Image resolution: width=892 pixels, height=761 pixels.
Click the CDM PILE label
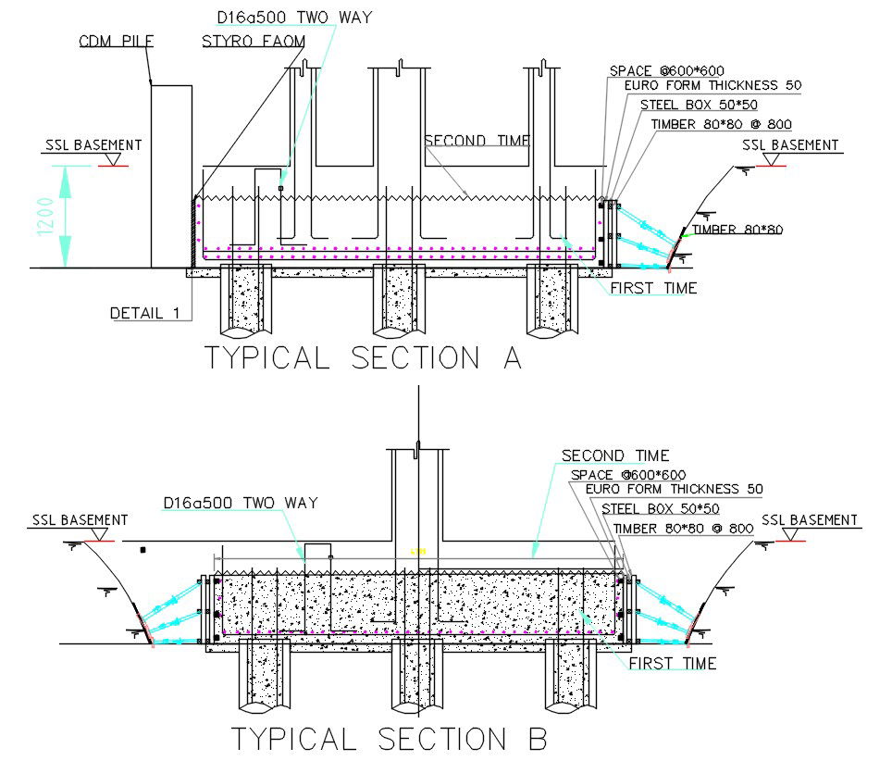117,41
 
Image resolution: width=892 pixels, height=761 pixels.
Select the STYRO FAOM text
254,41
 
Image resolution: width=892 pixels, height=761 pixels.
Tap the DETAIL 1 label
145,313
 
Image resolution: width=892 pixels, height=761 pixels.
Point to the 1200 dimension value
45,217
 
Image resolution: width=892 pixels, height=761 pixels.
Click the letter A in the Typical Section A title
513,358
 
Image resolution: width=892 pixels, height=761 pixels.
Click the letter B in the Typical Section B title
538,739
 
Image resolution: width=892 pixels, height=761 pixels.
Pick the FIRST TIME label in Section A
653,288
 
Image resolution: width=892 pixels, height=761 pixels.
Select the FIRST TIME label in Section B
673,663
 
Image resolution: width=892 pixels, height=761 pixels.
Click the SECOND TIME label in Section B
615,455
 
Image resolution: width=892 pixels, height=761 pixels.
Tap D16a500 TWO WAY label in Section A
294,18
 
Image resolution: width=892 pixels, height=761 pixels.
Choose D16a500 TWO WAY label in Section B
241,503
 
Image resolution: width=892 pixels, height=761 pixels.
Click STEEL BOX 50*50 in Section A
700,105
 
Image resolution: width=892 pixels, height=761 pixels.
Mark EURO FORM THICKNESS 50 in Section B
675,489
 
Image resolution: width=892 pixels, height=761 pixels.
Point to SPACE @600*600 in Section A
667,71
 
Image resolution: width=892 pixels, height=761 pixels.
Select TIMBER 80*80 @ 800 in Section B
684,529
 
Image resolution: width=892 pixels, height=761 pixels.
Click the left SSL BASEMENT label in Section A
93,145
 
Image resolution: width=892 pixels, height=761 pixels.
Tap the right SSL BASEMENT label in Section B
810,519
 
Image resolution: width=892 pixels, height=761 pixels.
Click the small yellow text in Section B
418,551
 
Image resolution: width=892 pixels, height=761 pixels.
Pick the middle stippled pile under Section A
399,301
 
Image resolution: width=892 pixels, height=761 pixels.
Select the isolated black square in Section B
142,550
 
